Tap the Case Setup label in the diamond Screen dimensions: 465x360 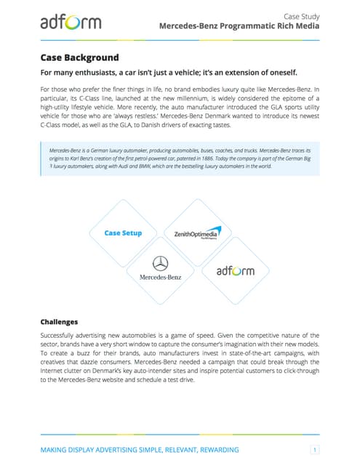pyautogui.click(x=123, y=233)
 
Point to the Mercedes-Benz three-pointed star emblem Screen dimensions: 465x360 pyautogui.click(x=160, y=264)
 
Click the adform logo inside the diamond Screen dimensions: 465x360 pyautogui.click(x=236, y=271)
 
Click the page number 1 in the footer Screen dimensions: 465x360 pyautogui.click(x=314, y=449)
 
